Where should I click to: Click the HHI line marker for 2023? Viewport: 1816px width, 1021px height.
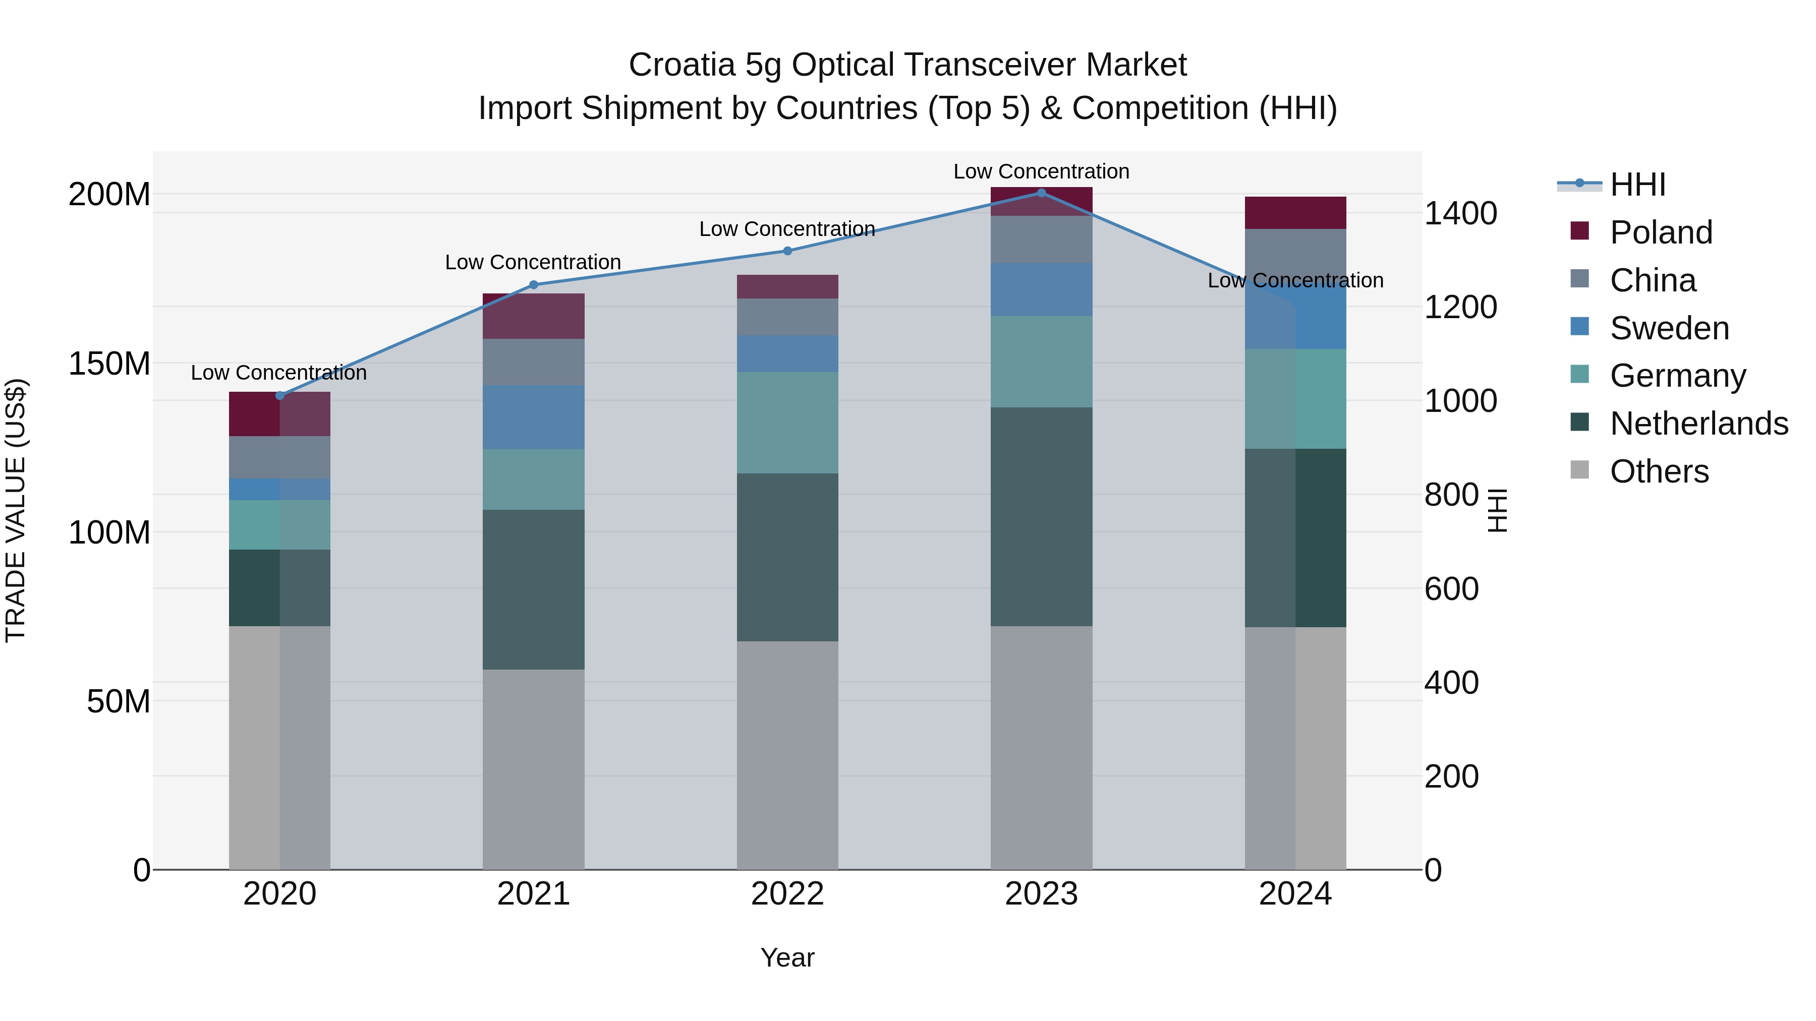(1041, 193)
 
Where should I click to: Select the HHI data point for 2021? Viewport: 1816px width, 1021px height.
(534, 285)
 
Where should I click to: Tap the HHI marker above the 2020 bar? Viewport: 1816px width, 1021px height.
(280, 395)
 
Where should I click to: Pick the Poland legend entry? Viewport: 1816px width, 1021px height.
(1660, 232)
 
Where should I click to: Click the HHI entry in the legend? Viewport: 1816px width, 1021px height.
(1637, 185)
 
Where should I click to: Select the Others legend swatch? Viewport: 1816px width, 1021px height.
(1580, 470)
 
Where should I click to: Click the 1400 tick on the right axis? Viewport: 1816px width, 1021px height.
(1460, 213)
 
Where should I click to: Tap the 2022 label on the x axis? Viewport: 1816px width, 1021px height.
(787, 894)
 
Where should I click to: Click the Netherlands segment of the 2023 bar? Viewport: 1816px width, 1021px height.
(1041, 516)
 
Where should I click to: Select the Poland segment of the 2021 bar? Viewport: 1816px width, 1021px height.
(534, 316)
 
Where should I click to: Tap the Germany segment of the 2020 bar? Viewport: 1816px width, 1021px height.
(280, 524)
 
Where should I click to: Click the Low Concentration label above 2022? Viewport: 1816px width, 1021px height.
(787, 229)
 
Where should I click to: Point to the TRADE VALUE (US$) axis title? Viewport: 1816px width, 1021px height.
(16, 510)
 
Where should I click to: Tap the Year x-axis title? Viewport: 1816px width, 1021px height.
(787, 957)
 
